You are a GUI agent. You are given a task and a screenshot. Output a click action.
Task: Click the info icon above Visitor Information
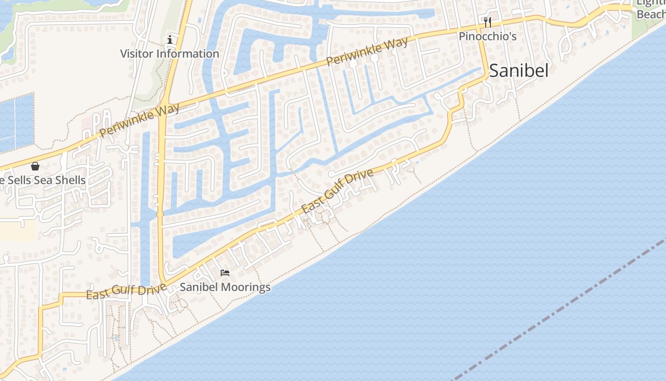pyautogui.click(x=170, y=40)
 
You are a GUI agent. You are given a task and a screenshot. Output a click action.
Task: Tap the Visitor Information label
pyautogui.click(x=169, y=54)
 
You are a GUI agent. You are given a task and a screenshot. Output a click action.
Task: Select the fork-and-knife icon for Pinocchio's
pyautogui.click(x=487, y=22)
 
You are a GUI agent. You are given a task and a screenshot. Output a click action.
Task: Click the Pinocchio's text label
pyautogui.click(x=487, y=37)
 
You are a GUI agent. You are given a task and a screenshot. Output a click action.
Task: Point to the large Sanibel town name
pyautogui.click(x=519, y=71)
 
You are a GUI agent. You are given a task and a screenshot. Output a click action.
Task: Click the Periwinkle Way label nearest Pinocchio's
pyautogui.click(x=367, y=51)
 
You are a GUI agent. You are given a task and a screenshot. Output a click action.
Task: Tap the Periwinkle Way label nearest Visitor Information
pyautogui.click(x=140, y=119)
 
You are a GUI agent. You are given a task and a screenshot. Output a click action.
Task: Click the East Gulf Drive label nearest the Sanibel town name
pyautogui.click(x=337, y=191)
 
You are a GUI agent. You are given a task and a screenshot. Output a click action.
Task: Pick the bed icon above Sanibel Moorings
pyautogui.click(x=225, y=273)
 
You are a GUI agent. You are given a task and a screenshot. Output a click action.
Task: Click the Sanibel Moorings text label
pyautogui.click(x=225, y=287)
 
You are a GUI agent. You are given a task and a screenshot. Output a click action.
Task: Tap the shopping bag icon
pyautogui.click(x=35, y=166)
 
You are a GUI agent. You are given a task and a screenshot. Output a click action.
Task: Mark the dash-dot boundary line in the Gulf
pyautogui.click(x=561, y=310)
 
